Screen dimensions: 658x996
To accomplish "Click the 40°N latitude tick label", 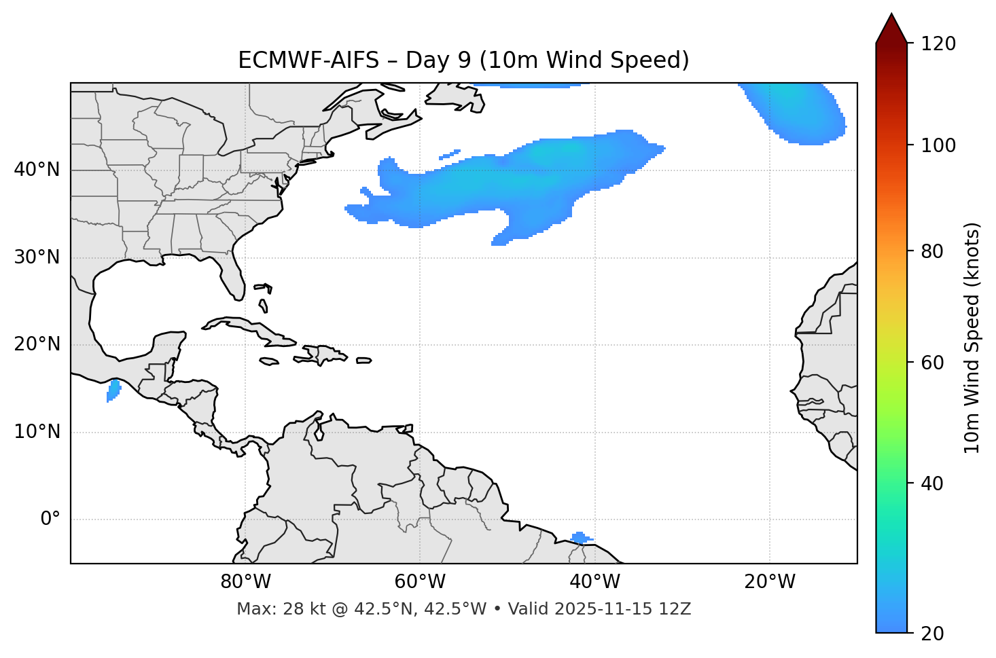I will pos(37,170).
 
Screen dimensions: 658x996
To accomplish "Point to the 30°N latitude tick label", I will pos(37,257).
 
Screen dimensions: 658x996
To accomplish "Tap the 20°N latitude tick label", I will pos(37,344).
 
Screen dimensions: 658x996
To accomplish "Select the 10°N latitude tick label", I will pos(37,432).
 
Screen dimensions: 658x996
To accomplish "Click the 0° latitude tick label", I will pos(50,519).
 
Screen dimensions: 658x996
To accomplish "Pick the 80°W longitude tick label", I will pos(245,582).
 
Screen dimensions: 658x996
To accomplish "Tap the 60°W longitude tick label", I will pos(420,582).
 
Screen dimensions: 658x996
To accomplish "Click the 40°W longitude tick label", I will pos(594,582).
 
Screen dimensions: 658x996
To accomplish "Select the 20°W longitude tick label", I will pos(770,582).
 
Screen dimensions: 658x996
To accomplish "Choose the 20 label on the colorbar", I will pos(932,634).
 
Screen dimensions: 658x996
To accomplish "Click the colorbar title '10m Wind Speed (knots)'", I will pos(972,338).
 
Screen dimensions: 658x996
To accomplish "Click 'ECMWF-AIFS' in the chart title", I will pos(308,60).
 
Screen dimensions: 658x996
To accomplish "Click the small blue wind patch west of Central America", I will pos(113,390).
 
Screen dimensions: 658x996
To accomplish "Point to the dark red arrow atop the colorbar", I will pos(891,29).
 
